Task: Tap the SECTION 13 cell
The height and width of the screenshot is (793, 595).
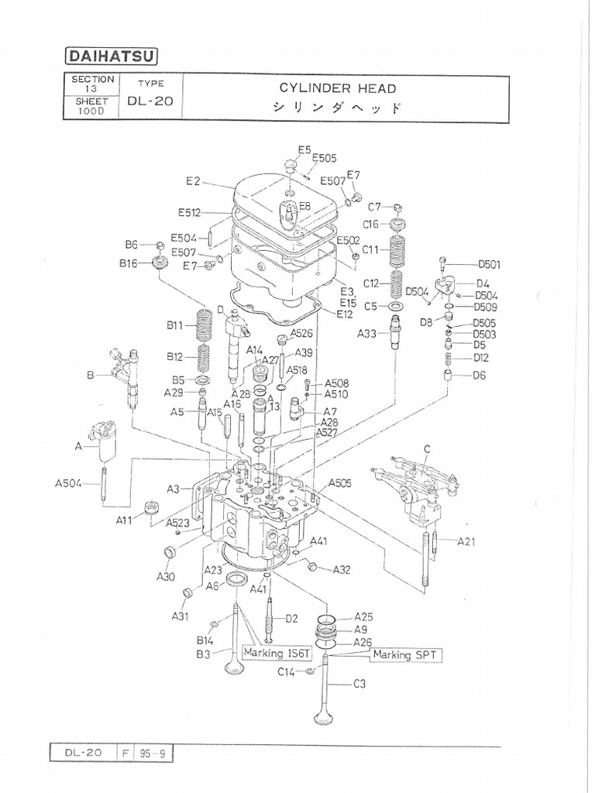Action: point(93,84)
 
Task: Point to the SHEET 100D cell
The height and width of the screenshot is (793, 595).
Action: point(93,106)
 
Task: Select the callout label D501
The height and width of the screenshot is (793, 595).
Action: point(489,264)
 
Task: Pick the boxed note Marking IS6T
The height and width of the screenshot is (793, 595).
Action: point(277,653)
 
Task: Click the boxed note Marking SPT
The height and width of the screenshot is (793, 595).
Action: point(405,655)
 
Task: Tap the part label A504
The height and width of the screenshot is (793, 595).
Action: point(70,484)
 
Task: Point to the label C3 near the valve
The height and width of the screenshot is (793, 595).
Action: point(359,684)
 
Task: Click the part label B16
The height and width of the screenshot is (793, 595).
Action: point(128,263)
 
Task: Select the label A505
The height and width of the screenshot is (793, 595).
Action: point(340,482)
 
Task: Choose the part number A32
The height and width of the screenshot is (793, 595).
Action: point(342,570)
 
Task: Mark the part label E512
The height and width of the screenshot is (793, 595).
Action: point(189,212)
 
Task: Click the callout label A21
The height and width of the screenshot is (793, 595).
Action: point(466,541)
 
